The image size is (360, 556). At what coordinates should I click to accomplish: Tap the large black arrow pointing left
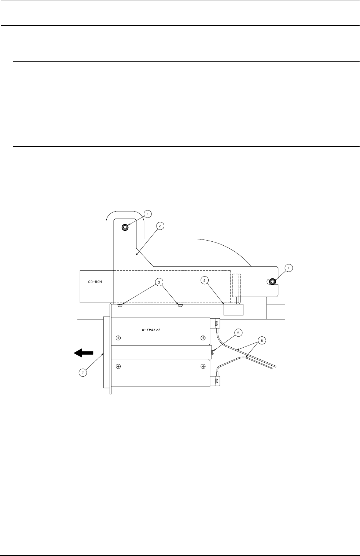point(84,353)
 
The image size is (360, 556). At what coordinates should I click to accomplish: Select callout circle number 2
point(159,226)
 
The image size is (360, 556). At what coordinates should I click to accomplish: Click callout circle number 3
point(158,282)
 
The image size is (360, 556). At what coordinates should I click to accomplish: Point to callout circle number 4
point(205,281)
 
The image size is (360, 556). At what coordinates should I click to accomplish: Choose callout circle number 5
point(239,333)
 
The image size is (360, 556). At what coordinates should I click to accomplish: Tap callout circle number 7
point(84,373)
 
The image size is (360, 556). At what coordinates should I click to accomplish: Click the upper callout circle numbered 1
point(147,213)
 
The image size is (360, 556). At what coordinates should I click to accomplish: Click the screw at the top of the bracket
point(125,227)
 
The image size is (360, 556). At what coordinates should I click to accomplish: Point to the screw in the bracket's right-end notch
point(272,282)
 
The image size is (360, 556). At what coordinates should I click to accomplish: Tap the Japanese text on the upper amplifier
point(151,330)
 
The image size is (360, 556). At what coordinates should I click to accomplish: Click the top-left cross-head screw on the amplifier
point(118,338)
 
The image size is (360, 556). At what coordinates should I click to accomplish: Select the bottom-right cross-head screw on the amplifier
point(203,366)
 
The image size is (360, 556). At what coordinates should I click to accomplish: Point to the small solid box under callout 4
point(234,310)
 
